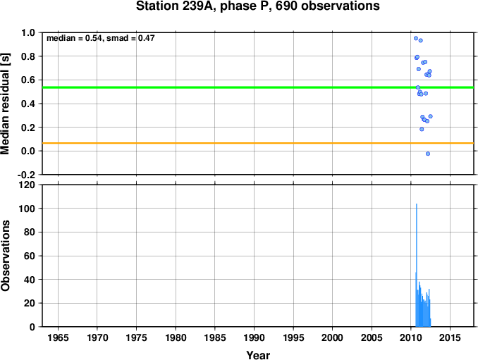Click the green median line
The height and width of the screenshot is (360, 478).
coord(212,87)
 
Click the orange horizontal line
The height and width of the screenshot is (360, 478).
coord(212,144)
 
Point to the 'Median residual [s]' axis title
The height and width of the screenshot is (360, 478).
coord(6,103)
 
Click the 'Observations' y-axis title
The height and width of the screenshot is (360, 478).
coord(6,256)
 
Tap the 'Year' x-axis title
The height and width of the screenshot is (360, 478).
coord(258,355)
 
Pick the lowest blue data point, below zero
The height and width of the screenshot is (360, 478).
coord(428,154)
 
